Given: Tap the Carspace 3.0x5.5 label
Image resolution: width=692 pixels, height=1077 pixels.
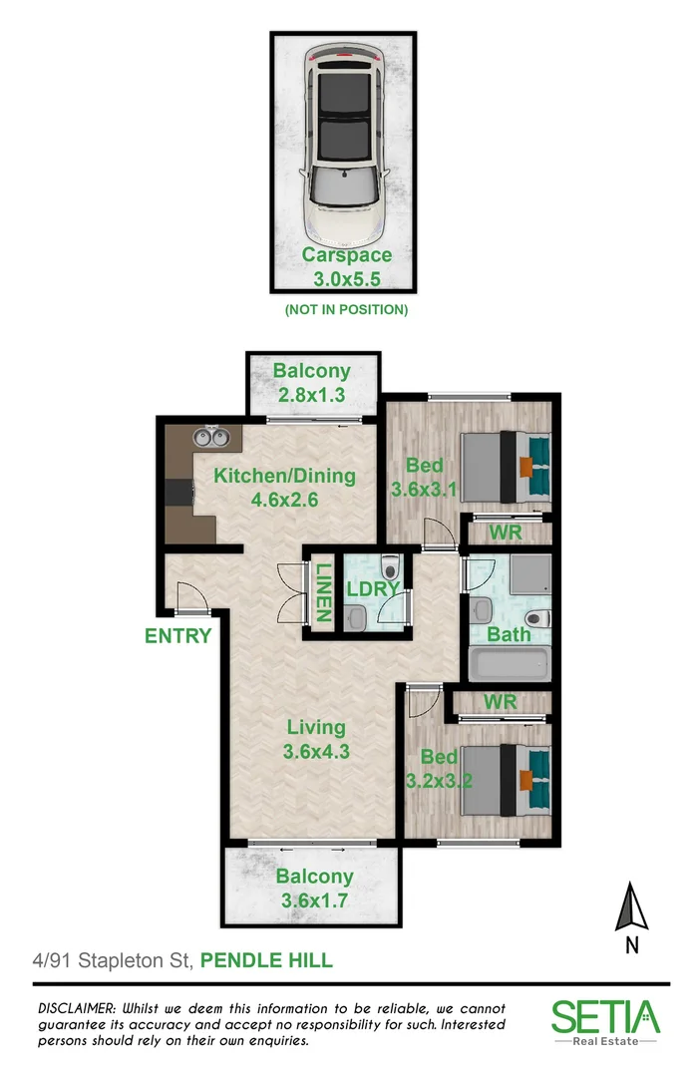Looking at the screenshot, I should coord(346,266).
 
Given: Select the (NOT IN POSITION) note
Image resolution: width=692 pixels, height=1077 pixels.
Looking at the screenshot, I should coord(346,310).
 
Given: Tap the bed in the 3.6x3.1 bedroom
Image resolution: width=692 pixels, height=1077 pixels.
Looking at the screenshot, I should coord(504,466).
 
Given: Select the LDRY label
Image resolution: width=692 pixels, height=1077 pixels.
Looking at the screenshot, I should coord(372,589).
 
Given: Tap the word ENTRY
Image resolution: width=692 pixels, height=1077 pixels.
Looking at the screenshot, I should coord(178,636).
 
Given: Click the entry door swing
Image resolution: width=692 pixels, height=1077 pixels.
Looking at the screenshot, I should coord(189,597).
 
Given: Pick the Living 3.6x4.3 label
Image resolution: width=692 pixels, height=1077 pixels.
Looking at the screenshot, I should coord(316,739).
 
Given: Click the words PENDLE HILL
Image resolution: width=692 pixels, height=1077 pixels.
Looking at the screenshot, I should coord(266,961).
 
